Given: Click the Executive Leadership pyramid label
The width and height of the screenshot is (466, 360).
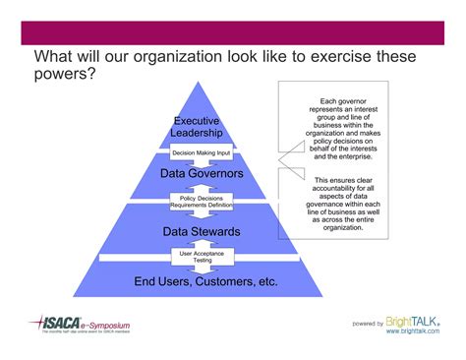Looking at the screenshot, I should click(x=197, y=126).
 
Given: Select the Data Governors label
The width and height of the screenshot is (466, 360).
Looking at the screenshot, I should click(x=202, y=174).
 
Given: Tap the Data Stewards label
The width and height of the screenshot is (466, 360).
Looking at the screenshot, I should click(x=201, y=232).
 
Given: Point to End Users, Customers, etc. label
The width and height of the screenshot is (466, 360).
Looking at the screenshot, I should click(x=205, y=282).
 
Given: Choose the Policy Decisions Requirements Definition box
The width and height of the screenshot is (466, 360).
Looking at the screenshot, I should click(x=201, y=202).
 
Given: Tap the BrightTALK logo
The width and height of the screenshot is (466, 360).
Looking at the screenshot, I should click(x=412, y=320).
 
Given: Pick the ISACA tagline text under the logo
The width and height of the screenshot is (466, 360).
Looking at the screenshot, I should click(x=79, y=333).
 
